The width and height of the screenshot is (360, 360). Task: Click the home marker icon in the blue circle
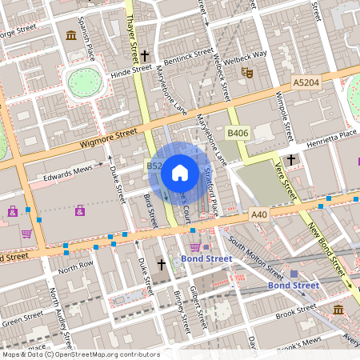click(x=179, y=172)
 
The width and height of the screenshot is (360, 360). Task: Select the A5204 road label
click(x=305, y=82)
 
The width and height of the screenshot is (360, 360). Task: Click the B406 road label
click(x=237, y=133)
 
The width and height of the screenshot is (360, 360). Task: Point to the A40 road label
click(x=258, y=214)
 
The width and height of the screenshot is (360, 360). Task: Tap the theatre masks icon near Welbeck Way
click(x=247, y=72)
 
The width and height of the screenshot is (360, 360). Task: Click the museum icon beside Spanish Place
click(x=72, y=34)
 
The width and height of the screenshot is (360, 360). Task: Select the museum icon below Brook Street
click(x=338, y=310)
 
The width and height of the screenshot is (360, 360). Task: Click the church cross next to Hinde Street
click(x=145, y=55)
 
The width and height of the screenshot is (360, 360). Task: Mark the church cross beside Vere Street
click(x=291, y=160)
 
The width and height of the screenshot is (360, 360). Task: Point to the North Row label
click(x=77, y=265)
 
